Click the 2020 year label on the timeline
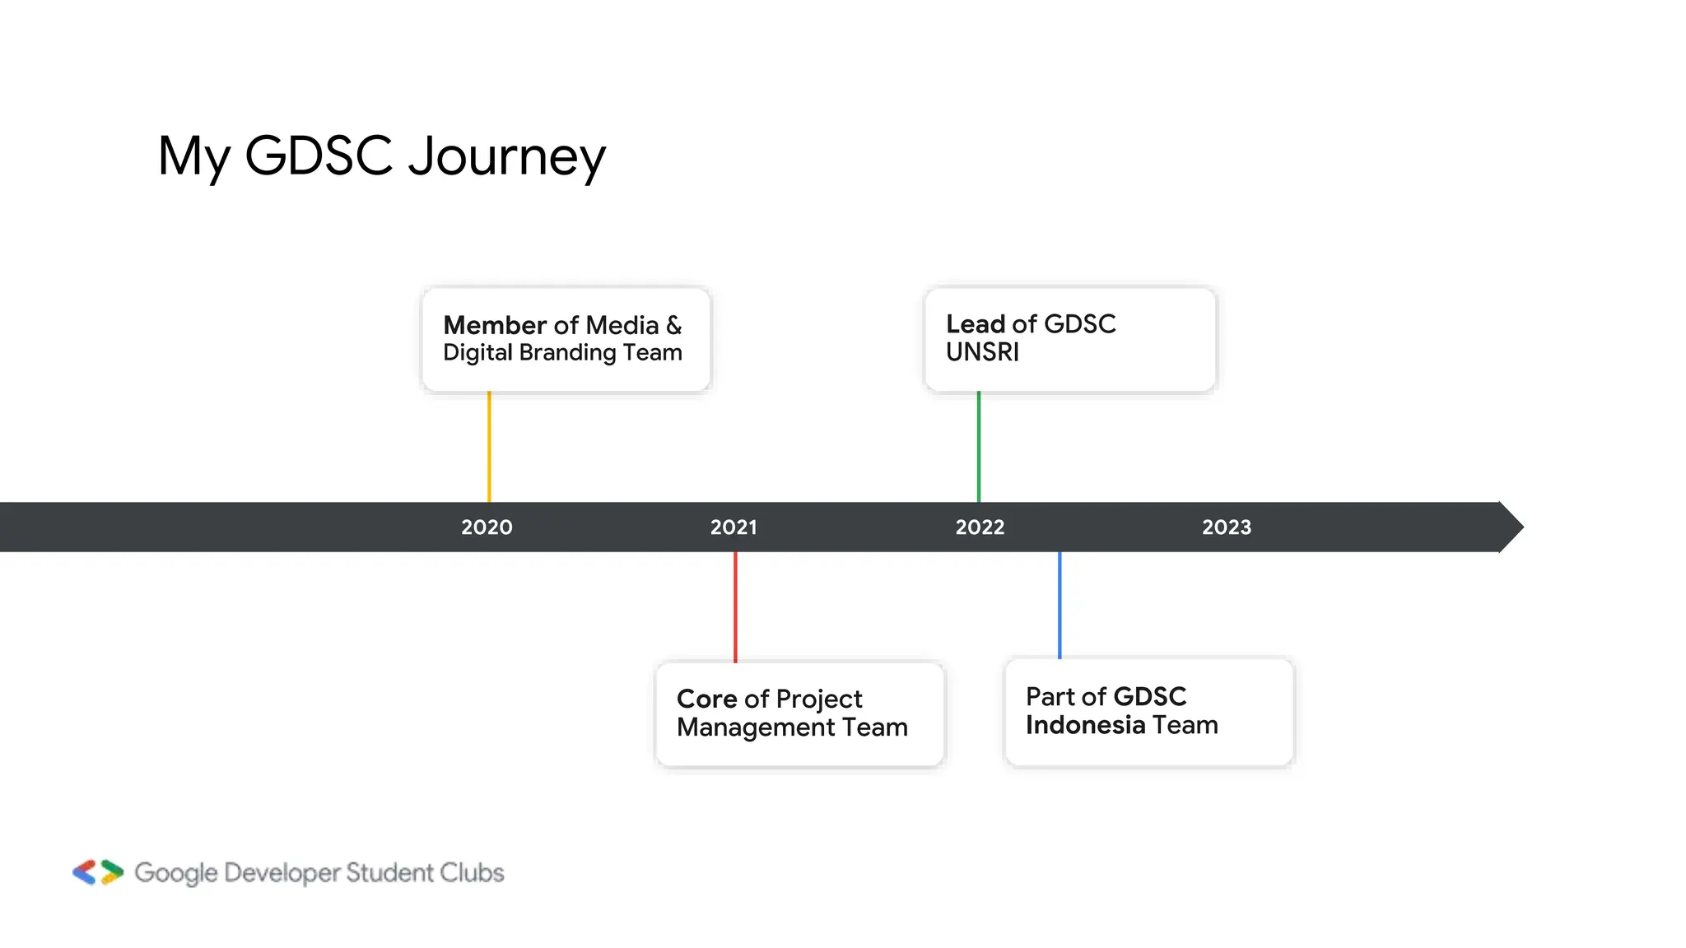click(487, 527)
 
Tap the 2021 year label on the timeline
click(734, 527)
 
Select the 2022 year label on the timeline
click(980, 527)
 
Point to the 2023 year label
click(1227, 527)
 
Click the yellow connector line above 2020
click(489, 446)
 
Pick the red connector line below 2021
click(735, 606)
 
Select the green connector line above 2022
click(979, 446)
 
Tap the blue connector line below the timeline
click(1060, 605)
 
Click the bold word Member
click(495, 325)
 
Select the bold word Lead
click(976, 324)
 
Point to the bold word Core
click(707, 699)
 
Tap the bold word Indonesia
click(1085, 725)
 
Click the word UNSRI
click(982, 352)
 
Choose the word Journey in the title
click(507, 156)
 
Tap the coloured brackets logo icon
click(98, 872)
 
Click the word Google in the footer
click(176, 873)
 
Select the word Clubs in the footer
click(472, 872)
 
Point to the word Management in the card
click(756, 727)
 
